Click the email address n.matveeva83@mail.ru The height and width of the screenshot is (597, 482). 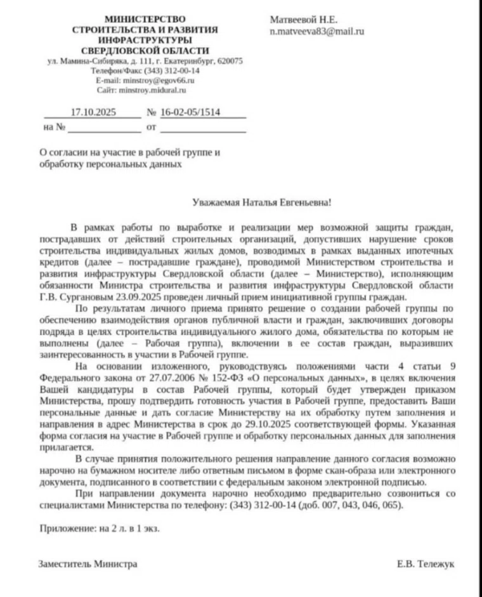316,31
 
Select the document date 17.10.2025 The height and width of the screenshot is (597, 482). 92,112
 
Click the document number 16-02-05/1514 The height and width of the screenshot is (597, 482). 190,112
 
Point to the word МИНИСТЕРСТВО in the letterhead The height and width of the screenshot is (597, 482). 145,20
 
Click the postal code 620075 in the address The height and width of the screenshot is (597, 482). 229,62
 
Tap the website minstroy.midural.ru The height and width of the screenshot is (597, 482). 155,90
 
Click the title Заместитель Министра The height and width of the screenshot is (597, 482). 88,563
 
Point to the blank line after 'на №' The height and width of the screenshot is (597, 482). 104,127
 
